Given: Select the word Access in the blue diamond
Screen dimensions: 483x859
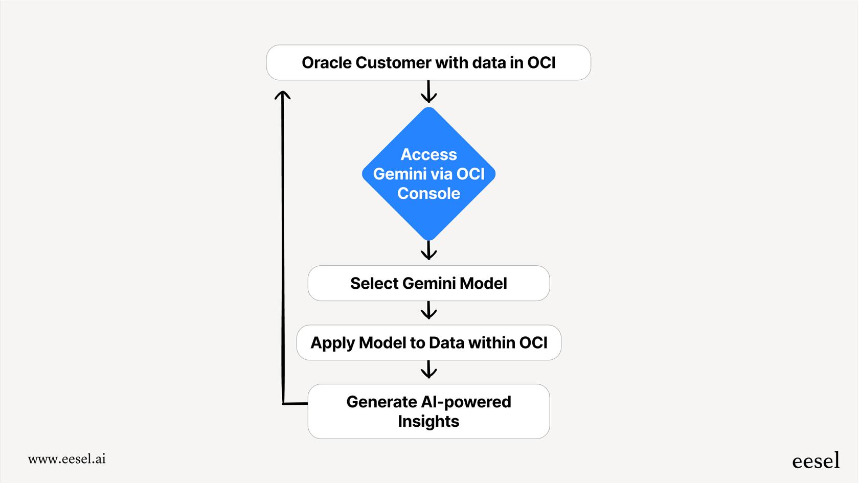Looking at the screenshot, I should [x=428, y=154].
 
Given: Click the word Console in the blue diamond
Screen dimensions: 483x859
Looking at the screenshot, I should [x=428, y=194].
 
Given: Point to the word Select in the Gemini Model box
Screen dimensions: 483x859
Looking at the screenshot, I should [x=374, y=284].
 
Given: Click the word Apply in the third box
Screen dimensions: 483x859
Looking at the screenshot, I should [x=332, y=343].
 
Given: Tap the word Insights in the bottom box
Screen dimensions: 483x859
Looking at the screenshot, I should [x=428, y=422].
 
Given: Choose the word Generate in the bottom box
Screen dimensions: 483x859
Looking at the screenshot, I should [x=381, y=402].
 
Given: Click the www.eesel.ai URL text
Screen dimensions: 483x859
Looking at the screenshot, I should [x=67, y=459].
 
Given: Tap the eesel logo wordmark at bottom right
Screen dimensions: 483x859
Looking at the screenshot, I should [x=816, y=461].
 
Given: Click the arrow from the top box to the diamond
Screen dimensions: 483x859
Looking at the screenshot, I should [x=428, y=93].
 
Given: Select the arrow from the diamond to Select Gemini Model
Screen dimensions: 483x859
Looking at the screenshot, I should [x=428, y=250].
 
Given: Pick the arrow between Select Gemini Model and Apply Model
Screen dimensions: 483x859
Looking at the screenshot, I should [x=428, y=310].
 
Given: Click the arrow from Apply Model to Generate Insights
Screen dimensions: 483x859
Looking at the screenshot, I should [x=428, y=370].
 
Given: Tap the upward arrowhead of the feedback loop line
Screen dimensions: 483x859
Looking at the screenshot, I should [x=282, y=95].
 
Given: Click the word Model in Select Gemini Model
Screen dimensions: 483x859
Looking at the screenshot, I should [x=483, y=284].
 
